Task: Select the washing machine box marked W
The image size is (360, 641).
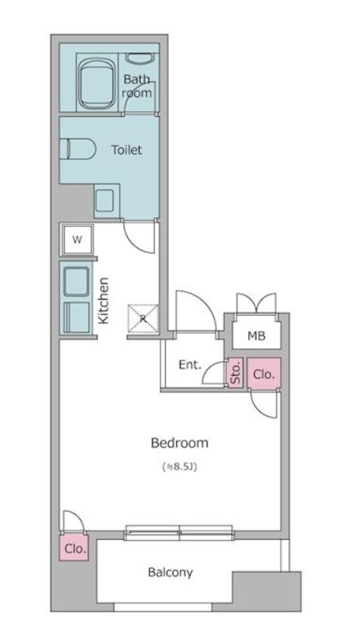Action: [x=77, y=240]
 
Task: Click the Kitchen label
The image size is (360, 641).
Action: [x=104, y=300]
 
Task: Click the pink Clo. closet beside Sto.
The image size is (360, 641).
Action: [x=264, y=374]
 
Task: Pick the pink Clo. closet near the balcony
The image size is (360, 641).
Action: [x=75, y=548]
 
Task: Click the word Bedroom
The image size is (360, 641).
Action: [x=179, y=443]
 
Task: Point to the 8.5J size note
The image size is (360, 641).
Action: [x=179, y=468]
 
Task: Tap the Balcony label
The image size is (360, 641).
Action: [x=170, y=572]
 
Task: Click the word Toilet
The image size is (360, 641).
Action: [x=126, y=150]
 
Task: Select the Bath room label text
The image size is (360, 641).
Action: [x=137, y=86]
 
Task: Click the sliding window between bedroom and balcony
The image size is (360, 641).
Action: [x=179, y=532]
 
